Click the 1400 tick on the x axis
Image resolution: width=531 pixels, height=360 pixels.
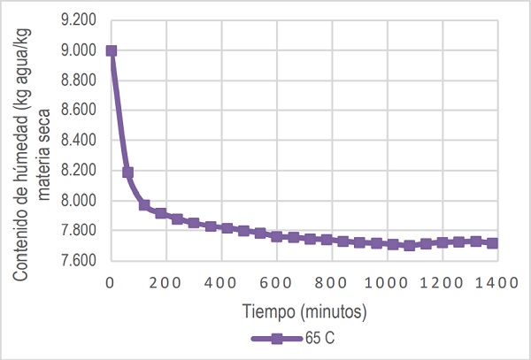coord(494,282)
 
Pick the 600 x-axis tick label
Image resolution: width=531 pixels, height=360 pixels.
coord(276,282)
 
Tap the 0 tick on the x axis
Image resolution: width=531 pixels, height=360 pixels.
coord(111,282)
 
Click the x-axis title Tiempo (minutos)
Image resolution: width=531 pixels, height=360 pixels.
coord(303,311)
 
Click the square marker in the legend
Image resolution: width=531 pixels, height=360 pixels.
coord(276,340)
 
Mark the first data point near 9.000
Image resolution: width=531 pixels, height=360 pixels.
coord(111,50)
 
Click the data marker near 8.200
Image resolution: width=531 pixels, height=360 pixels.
coord(127,172)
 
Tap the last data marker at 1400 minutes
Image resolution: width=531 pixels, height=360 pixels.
coord(493,243)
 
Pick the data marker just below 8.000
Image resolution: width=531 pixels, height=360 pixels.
coord(144,205)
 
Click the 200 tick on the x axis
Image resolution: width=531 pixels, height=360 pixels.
coord(165,282)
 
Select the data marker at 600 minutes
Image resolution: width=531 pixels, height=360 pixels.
coord(276,236)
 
